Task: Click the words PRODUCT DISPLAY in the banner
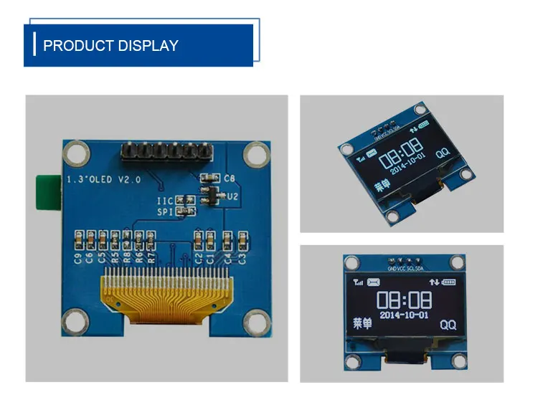(110, 46)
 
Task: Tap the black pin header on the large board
(167, 151)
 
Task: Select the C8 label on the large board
(230, 178)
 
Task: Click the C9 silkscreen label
(78, 258)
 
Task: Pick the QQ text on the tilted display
(443, 152)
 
